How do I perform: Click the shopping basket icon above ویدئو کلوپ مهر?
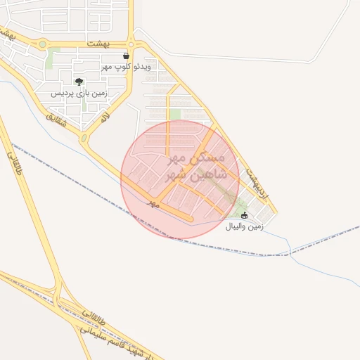[126, 56]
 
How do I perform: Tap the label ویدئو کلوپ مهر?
[126, 66]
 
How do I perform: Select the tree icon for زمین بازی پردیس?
[78, 82]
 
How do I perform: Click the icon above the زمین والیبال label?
[244, 215]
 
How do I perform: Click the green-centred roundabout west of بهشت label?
[43, 44]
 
